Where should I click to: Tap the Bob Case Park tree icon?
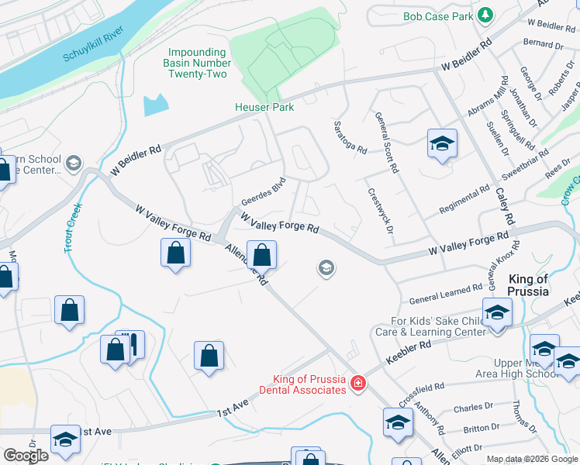(485, 15)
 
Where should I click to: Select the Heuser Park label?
(264, 107)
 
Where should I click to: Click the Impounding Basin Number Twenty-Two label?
(197, 64)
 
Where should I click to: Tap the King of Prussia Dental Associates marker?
(357, 384)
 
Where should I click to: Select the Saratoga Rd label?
(349, 137)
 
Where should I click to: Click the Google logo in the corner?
(26, 456)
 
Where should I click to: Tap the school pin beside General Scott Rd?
(442, 144)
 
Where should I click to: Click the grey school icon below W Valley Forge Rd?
(326, 268)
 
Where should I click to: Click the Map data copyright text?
(532, 459)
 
